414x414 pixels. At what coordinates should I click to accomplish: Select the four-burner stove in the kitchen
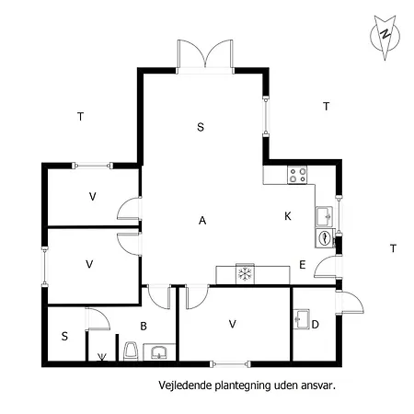click(297, 174)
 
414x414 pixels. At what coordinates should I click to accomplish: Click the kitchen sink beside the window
click(324, 215)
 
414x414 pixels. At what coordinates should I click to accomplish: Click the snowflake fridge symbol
click(245, 273)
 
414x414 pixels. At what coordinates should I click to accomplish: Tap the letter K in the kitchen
click(288, 216)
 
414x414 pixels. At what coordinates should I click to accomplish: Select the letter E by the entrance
click(302, 265)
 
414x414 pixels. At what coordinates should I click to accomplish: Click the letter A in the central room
click(201, 220)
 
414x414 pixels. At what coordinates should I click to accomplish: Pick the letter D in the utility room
click(316, 324)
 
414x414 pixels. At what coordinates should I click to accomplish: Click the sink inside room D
click(302, 318)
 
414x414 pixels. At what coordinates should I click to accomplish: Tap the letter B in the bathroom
click(144, 325)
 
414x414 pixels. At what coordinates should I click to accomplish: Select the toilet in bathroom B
click(132, 351)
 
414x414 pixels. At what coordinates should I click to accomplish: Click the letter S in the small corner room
click(64, 336)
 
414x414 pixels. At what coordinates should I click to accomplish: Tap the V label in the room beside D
click(233, 324)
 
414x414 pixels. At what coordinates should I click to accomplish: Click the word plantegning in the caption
click(236, 386)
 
